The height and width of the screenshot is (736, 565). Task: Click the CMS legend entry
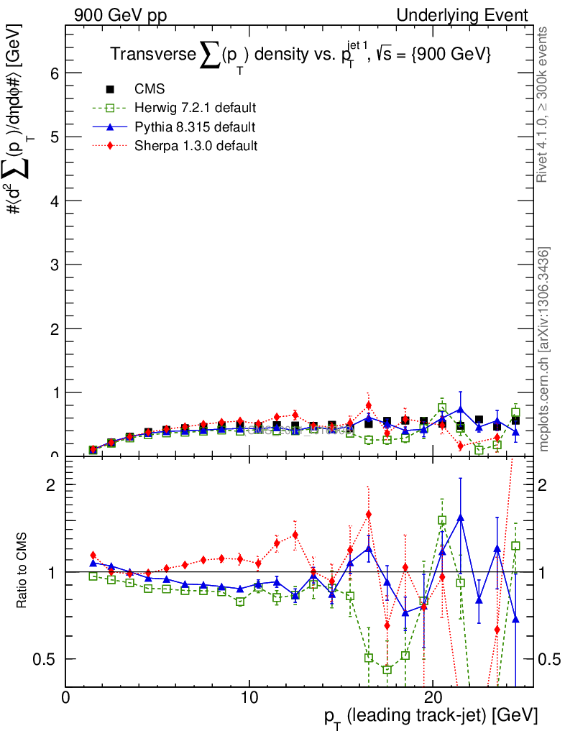[149, 89]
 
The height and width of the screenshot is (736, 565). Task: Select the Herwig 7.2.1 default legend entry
[195, 108]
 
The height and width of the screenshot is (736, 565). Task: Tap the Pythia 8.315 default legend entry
[195, 126]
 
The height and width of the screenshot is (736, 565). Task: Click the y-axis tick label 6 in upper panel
[54, 73]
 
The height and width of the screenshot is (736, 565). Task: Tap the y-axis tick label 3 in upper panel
[54, 264]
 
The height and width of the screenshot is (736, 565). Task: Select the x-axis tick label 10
[249, 698]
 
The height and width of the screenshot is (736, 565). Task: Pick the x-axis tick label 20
[432, 698]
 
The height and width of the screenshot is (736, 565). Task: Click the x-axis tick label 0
[66, 698]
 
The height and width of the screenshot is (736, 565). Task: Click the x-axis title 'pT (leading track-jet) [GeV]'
[431, 717]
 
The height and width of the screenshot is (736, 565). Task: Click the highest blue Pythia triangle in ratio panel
[460, 517]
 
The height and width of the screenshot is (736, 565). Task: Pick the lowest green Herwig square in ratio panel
[387, 670]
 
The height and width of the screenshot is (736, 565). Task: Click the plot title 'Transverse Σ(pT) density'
[300, 55]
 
